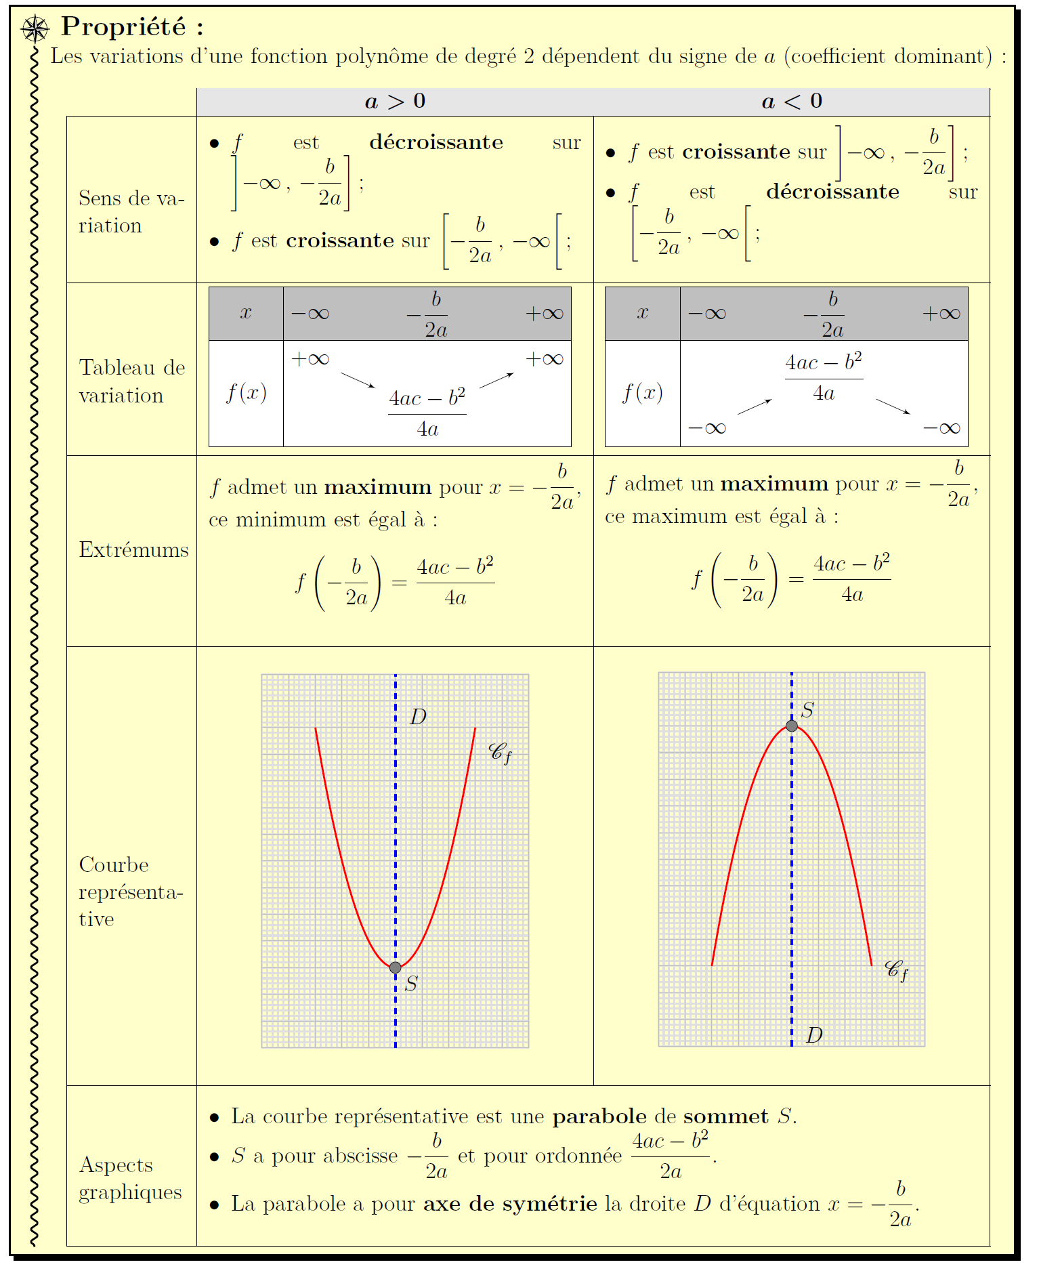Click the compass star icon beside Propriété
(x=35, y=29)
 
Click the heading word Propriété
(x=123, y=27)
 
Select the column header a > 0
(x=395, y=102)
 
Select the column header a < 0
(x=791, y=102)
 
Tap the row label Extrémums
(x=133, y=549)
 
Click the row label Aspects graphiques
(x=130, y=1178)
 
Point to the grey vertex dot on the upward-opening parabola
(x=396, y=967)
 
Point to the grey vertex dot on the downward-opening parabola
(x=792, y=726)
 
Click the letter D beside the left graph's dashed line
(x=418, y=717)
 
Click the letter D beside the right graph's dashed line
(x=814, y=1035)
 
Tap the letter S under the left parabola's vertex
(x=411, y=984)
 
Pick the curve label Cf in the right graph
(x=896, y=970)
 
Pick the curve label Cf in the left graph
(x=500, y=752)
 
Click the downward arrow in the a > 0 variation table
(x=358, y=380)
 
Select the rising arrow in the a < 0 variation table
(x=755, y=406)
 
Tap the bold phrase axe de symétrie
(x=510, y=1204)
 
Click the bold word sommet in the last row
(x=725, y=1116)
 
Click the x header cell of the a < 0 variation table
(x=642, y=313)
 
